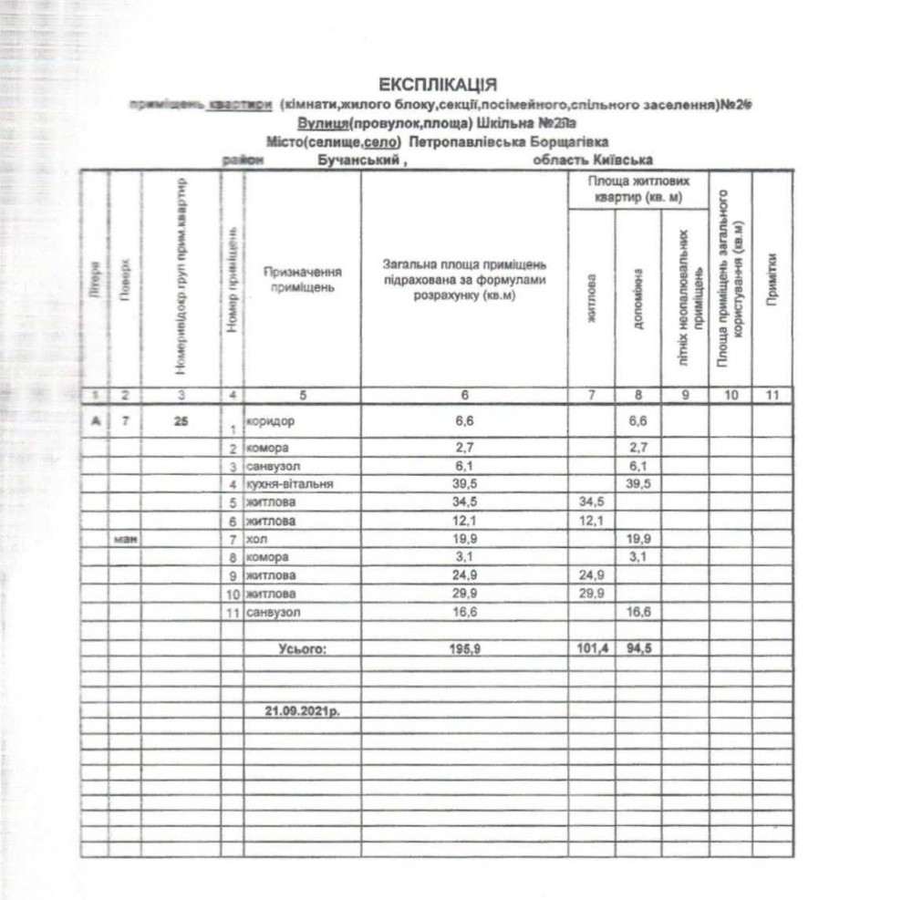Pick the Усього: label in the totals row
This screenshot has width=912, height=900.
[x=302, y=649]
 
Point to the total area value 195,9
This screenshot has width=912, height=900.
[x=464, y=649]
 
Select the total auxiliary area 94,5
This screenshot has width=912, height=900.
[x=637, y=649]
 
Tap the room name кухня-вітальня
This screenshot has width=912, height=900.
[x=283, y=483]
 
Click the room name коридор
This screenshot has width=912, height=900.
[x=271, y=421]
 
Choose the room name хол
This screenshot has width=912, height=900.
[x=255, y=539]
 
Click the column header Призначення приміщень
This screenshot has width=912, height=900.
[x=302, y=279]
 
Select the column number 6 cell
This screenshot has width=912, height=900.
[x=464, y=396]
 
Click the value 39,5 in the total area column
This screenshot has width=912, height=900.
[x=464, y=483]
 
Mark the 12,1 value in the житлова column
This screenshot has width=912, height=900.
[x=591, y=520]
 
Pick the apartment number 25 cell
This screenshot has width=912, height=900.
[x=181, y=421]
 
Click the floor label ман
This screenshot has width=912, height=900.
[x=124, y=539]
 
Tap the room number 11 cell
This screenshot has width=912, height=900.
[x=233, y=612]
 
